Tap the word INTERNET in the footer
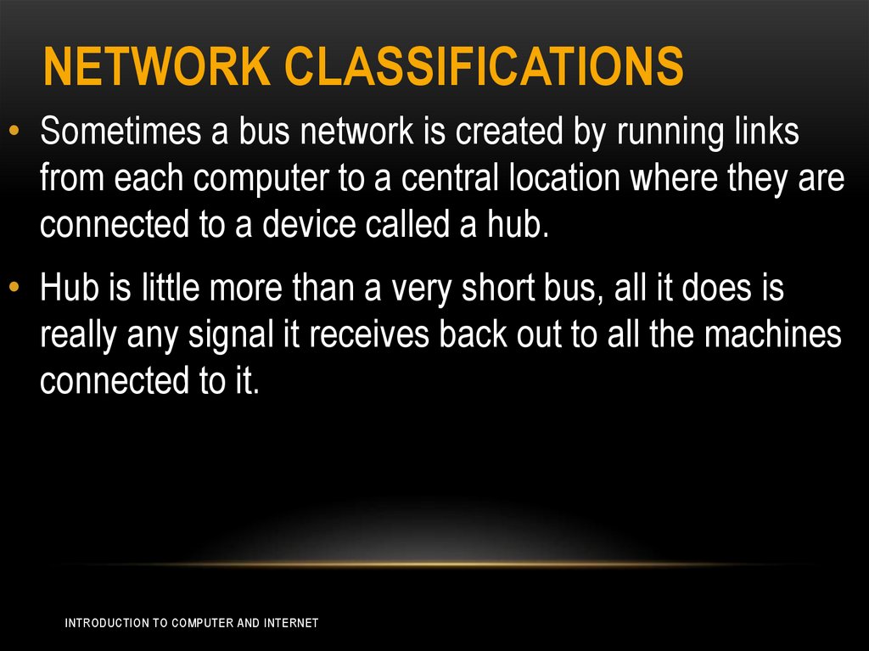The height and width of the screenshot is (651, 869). tap(291, 623)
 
